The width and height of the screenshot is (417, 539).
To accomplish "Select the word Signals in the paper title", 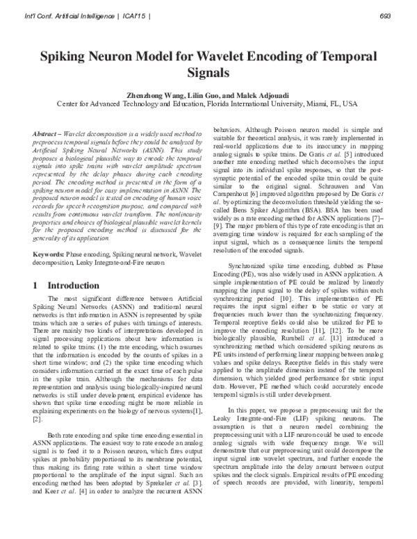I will click(x=208, y=72).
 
